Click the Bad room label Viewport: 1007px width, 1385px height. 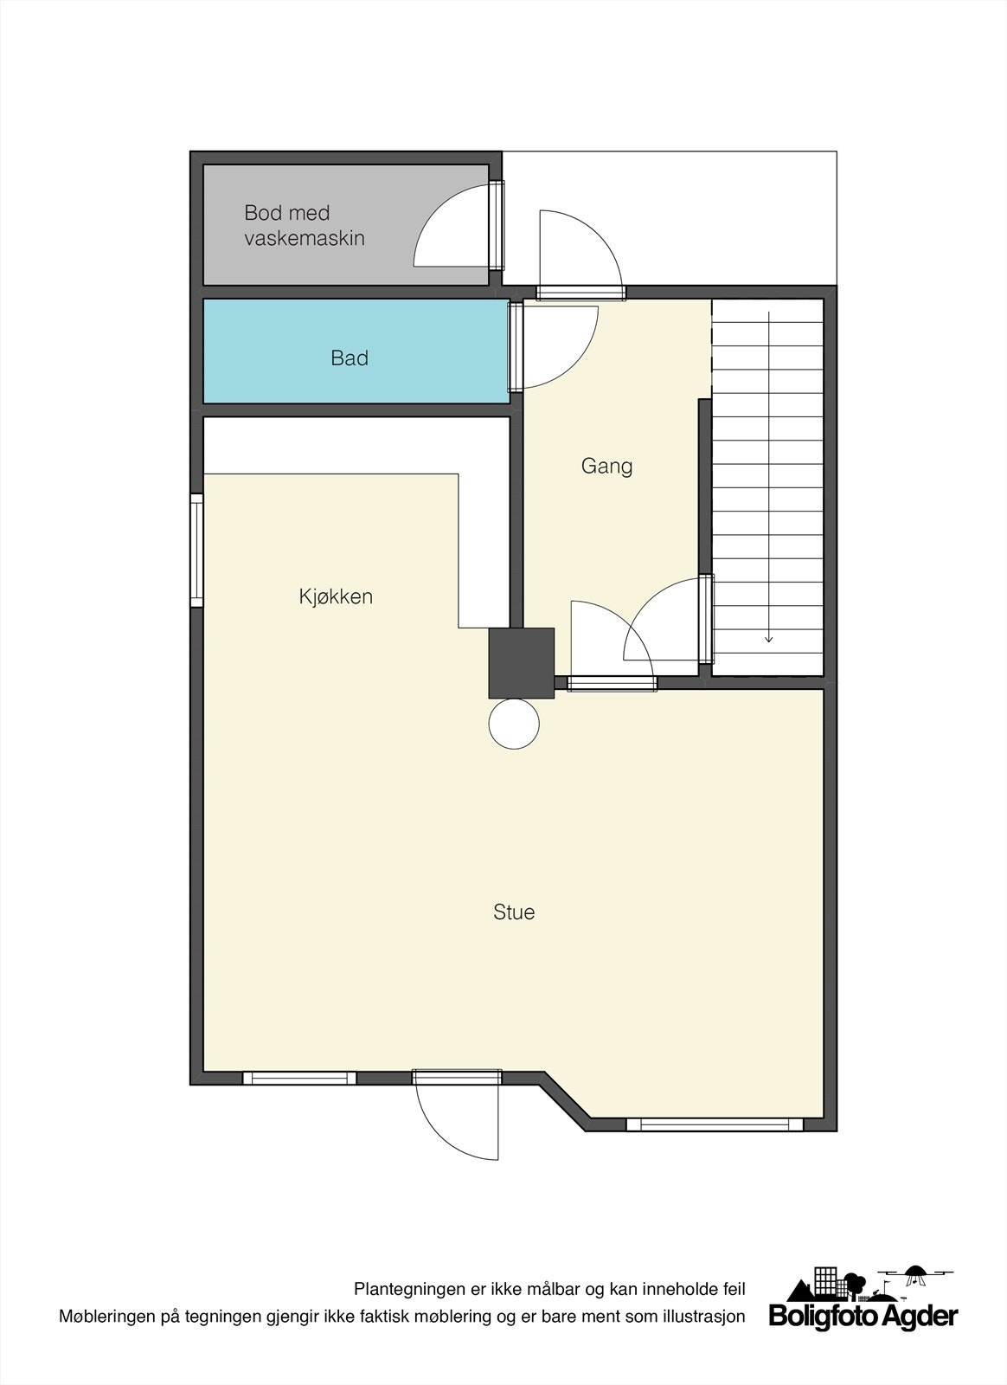350,358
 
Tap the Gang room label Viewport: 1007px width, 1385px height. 606,467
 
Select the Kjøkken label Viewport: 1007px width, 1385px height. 336,596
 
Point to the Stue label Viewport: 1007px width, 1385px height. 514,912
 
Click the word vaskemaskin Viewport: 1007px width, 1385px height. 305,238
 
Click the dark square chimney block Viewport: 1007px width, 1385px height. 521,663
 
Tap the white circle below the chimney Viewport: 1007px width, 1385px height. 514,722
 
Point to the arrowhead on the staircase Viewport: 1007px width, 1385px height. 768,639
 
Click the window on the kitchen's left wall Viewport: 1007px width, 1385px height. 197,551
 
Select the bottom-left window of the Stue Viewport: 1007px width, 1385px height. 299,1079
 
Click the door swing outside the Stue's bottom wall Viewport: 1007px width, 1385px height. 454,1121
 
